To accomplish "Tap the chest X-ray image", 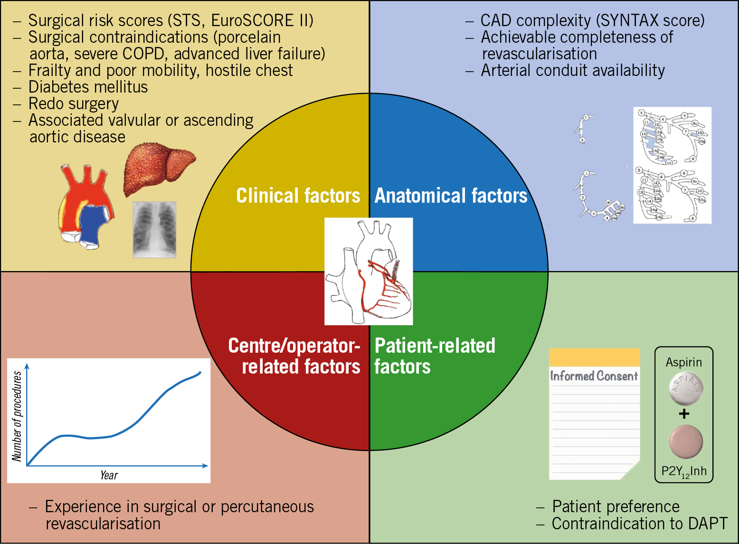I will point(154,229).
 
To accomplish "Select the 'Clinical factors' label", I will point(298,196).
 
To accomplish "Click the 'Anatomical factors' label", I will point(451,196).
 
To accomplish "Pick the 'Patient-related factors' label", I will point(434,356).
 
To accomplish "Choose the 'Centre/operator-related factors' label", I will point(294,356).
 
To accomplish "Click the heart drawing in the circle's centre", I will point(369,271).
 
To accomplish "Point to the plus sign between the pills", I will point(684,414).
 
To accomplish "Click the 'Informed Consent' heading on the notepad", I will point(594,376).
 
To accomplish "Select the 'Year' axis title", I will point(109,475).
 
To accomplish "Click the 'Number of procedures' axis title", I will point(17,416).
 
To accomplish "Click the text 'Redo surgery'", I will point(74,103).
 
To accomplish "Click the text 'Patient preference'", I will point(616,506).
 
